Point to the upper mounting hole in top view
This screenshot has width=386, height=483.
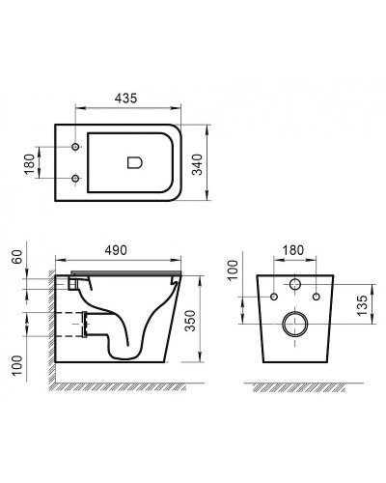coord(74,147)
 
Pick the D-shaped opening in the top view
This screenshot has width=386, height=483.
coord(135,162)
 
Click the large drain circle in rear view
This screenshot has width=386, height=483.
coord(295,325)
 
